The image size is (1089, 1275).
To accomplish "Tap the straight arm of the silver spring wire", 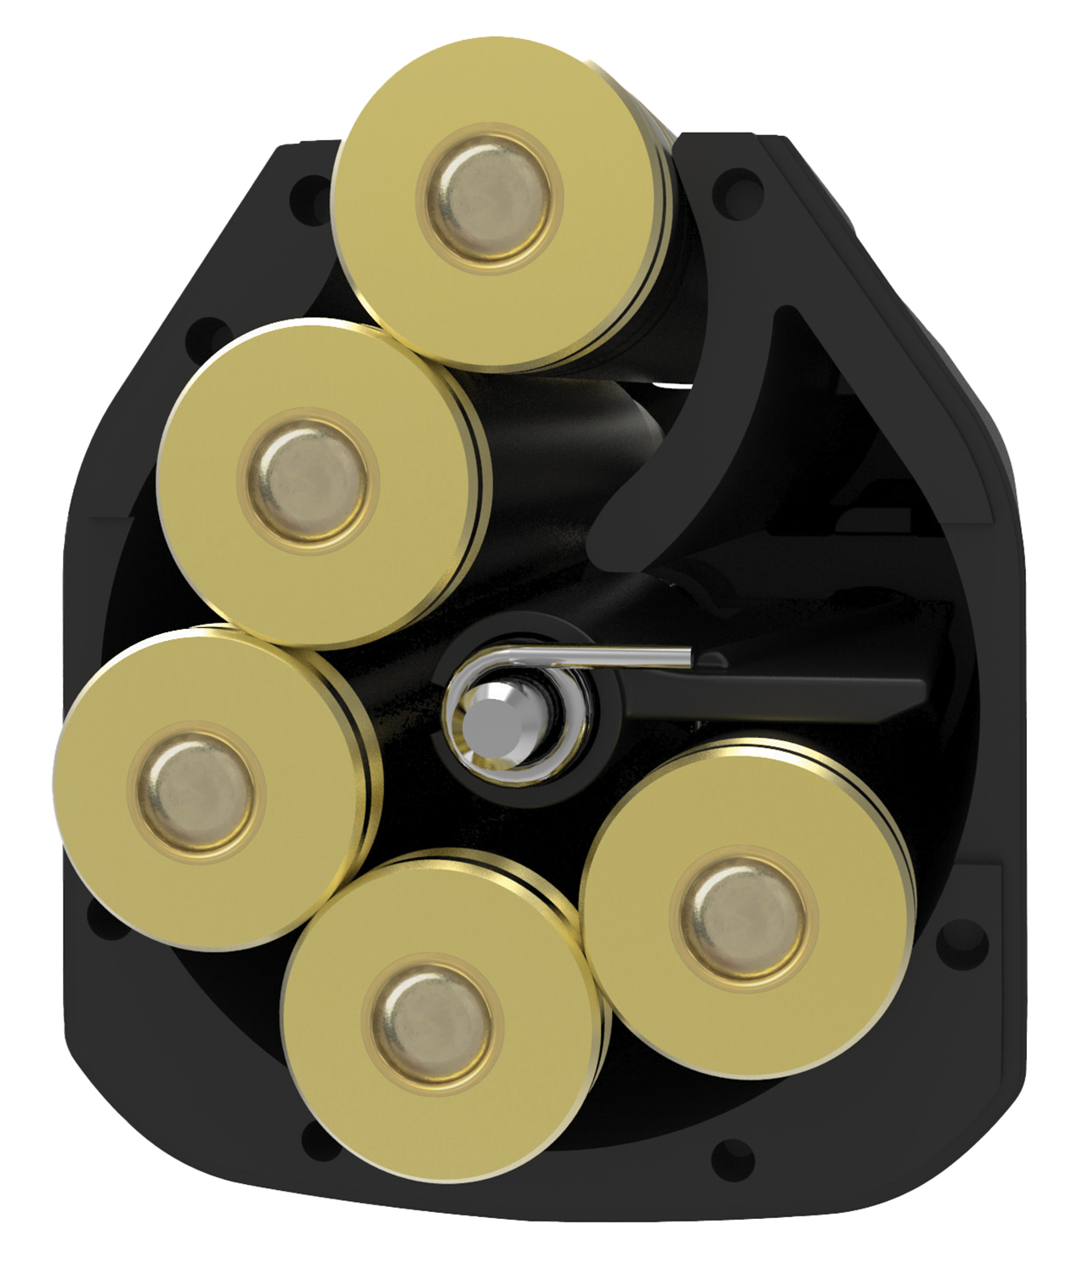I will (629, 654).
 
